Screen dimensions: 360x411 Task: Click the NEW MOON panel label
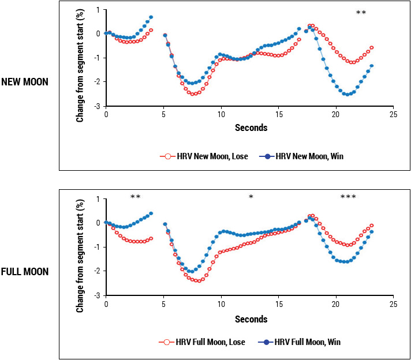[x=25, y=82]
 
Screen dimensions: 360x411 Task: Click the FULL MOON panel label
[x=25, y=271]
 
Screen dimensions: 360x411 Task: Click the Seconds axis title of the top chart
[x=251, y=128]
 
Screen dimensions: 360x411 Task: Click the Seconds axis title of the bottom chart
[x=251, y=319]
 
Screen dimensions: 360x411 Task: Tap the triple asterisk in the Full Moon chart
[x=348, y=197]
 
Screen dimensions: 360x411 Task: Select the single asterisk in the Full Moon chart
[x=251, y=197]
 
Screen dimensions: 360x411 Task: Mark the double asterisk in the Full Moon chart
[x=136, y=197]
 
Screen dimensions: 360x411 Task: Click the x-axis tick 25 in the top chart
[x=393, y=115]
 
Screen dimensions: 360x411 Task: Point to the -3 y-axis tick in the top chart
[x=98, y=107]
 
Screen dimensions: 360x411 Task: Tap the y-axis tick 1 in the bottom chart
[x=99, y=199]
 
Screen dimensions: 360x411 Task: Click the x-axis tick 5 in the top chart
[x=164, y=115]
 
